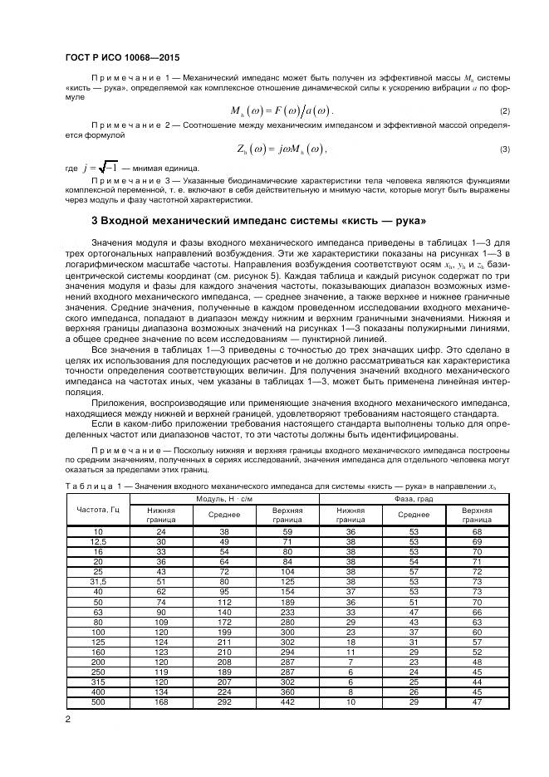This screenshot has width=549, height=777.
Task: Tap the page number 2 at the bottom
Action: [66, 718]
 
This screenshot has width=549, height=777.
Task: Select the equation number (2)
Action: [504, 111]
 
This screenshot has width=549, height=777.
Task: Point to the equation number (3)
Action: [504, 149]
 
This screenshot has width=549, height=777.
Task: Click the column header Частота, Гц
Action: [97, 508]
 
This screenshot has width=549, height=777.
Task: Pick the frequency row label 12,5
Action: [97, 541]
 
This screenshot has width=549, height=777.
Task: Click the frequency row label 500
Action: [97, 703]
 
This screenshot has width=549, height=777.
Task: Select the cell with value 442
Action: [287, 703]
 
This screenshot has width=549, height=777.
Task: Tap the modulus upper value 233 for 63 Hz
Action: [287, 613]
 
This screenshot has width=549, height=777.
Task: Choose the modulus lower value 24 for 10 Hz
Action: [161, 531]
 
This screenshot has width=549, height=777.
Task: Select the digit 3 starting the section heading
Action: [93, 221]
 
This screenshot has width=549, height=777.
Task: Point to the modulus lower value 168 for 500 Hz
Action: [161, 703]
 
